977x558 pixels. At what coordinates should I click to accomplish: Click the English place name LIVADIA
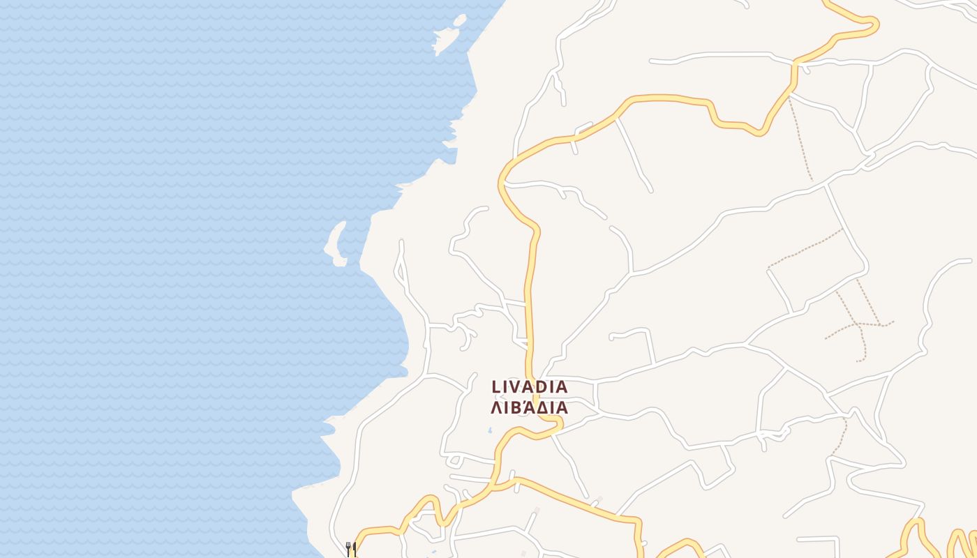tap(530, 386)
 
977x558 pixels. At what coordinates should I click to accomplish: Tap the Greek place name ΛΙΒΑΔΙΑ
tap(530, 408)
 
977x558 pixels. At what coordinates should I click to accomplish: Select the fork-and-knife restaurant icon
tap(351, 549)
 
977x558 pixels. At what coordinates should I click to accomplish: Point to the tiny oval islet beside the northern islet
tap(460, 19)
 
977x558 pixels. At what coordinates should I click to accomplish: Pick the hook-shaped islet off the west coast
tap(335, 244)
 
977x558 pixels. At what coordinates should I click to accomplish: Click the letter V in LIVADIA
tap(517, 386)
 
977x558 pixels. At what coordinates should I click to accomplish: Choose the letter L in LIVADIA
tap(496, 386)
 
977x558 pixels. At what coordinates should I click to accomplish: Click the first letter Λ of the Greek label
tap(495, 408)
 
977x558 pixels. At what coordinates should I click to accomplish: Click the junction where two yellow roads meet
tap(497, 483)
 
